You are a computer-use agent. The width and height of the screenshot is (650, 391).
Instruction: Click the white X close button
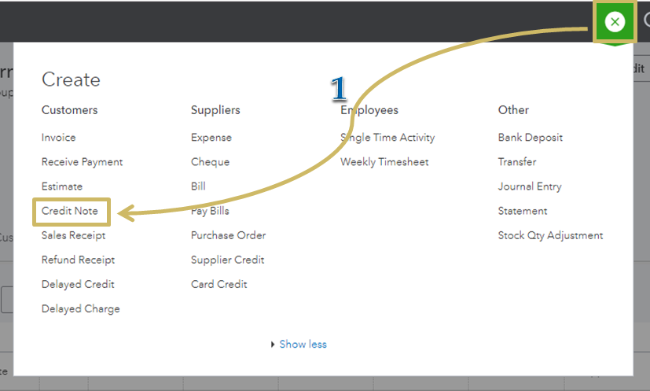(x=615, y=21)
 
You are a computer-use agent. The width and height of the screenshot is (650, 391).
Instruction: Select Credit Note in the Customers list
(x=70, y=211)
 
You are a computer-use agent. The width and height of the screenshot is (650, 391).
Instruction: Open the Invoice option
(x=58, y=138)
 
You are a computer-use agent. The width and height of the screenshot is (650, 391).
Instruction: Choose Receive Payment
(x=82, y=162)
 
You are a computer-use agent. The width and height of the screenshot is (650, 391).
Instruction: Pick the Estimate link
(x=62, y=186)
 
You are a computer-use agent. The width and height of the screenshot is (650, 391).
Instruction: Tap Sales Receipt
(x=73, y=235)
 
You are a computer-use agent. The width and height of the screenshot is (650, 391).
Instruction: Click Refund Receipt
(x=78, y=260)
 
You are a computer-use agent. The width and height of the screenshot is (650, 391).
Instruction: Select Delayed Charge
(x=80, y=309)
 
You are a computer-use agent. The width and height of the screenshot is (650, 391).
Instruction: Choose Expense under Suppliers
(x=211, y=138)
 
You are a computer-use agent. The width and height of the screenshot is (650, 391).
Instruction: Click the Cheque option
(x=210, y=162)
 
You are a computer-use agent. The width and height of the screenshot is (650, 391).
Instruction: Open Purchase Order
(x=228, y=235)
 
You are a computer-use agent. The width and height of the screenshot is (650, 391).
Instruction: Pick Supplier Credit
(x=227, y=260)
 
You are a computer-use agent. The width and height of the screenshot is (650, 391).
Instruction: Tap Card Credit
(x=219, y=284)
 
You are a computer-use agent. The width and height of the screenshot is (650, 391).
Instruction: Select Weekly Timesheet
(x=384, y=162)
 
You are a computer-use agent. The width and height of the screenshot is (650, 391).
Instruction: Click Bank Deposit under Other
(x=531, y=138)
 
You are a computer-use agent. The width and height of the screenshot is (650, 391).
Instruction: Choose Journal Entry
(x=530, y=186)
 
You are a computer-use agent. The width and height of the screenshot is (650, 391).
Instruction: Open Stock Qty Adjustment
(x=550, y=235)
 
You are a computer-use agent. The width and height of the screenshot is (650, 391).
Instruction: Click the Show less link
(x=303, y=344)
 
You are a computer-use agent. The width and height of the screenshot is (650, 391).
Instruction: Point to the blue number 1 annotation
(x=339, y=88)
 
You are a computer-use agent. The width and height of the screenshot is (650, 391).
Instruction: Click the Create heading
(x=71, y=79)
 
